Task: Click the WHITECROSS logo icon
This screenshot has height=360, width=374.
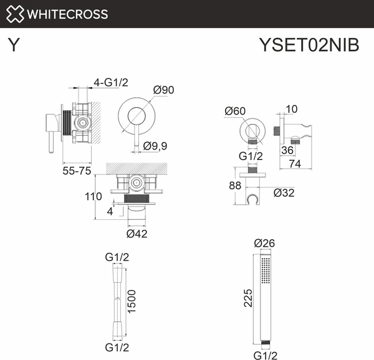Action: (x=16, y=14)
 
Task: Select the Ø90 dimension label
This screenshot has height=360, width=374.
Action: (x=163, y=90)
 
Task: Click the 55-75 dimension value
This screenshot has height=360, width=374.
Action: (x=78, y=170)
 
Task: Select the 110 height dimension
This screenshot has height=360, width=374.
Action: (x=93, y=196)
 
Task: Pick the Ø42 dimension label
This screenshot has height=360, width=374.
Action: (x=137, y=234)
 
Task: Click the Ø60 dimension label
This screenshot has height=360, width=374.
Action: (x=235, y=111)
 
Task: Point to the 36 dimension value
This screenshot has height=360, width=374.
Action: (x=287, y=149)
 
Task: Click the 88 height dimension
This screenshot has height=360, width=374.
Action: (x=234, y=185)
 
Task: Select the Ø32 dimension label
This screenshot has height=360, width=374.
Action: (x=284, y=192)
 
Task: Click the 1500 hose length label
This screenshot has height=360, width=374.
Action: (x=132, y=302)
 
